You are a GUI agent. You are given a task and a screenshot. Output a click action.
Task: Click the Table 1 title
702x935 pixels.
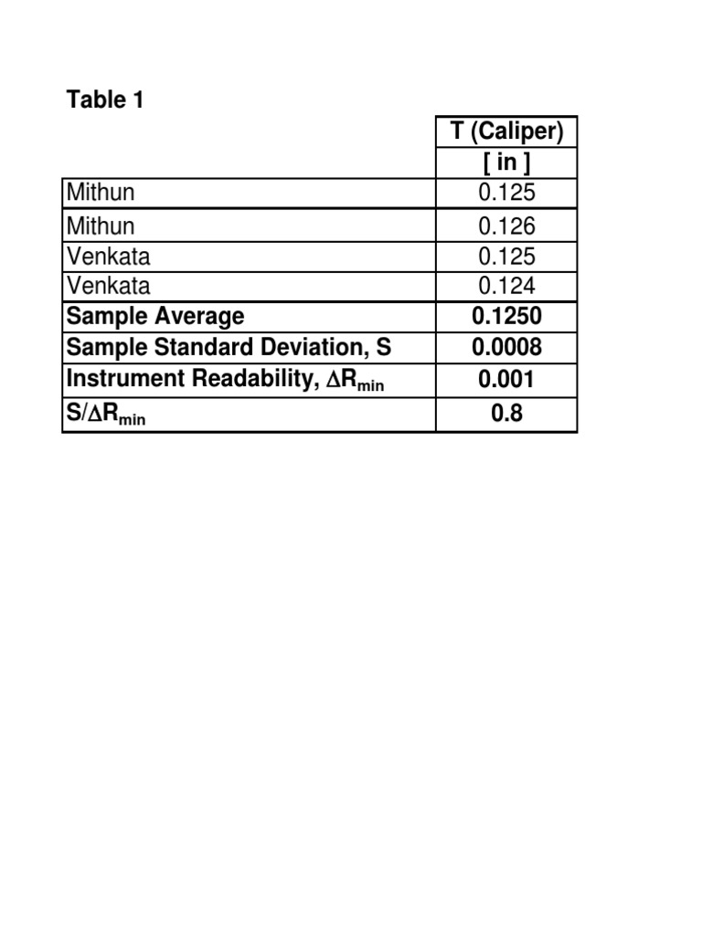[x=105, y=100]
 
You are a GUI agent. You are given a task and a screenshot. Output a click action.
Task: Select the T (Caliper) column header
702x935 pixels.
[x=506, y=131]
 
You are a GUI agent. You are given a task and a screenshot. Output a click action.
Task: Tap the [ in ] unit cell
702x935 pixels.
[x=506, y=163]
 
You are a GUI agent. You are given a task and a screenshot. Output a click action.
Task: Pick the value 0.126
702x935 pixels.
[x=506, y=226]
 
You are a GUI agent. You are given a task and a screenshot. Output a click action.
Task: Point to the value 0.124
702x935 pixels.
[x=506, y=287]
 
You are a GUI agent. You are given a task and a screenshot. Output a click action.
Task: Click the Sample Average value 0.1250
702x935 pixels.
[x=506, y=317]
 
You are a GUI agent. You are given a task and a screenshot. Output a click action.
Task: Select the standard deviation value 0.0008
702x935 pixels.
[x=506, y=348]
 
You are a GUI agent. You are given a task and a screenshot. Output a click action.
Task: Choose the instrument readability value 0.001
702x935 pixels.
[x=506, y=380]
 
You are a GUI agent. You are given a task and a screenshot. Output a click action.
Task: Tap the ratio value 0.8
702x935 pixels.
[x=506, y=414]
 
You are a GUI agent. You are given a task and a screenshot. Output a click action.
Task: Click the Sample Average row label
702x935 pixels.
[x=155, y=317]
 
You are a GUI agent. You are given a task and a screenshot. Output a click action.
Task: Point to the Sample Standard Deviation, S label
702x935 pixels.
[x=229, y=348]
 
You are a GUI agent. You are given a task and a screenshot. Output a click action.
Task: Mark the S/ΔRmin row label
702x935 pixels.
[x=105, y=415]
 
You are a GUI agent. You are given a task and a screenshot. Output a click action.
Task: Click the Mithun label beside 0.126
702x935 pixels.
[x=101, y=226]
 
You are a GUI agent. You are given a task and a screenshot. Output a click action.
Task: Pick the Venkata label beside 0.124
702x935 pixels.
[x=108, y=287]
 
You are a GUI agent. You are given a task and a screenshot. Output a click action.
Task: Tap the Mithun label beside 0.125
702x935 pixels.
[x=101, y=194]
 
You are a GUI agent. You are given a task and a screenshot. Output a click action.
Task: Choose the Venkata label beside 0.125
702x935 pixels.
[x=108, y=257]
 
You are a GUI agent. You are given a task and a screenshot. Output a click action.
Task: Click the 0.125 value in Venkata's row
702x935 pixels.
[x=506, y=257]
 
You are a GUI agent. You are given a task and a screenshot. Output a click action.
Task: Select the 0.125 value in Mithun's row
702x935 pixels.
[x=506, y=194]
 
